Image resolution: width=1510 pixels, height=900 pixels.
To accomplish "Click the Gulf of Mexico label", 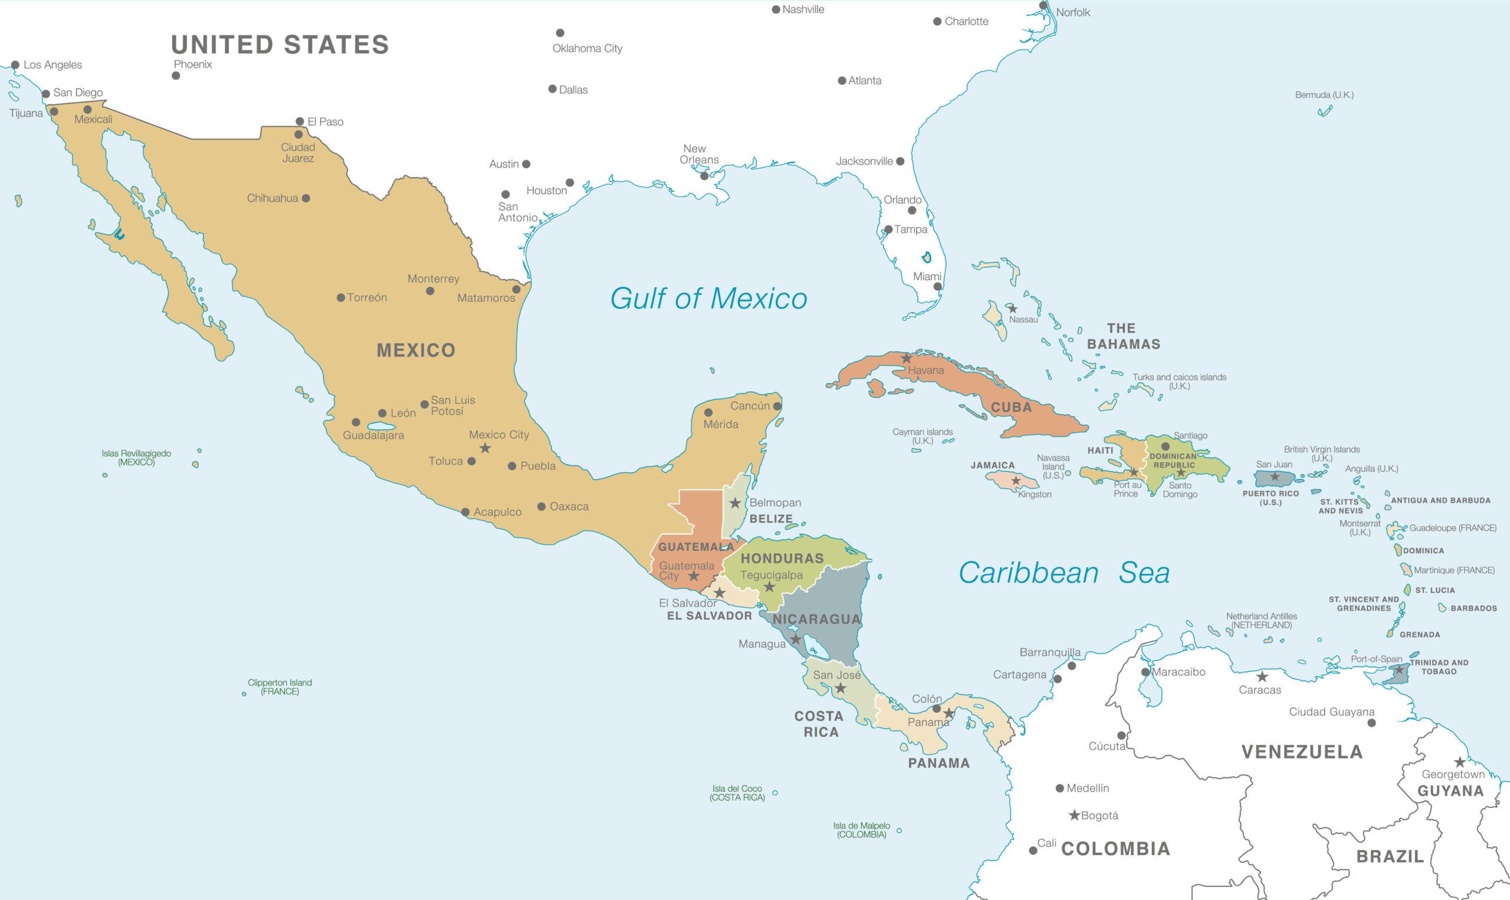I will pyautogui.click(x=708, y=298).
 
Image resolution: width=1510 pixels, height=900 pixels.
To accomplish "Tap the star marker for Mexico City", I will pyautogui.click(x=485, y=449).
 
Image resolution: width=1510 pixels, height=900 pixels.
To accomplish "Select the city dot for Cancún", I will pyautogui.click(x=777, y=406).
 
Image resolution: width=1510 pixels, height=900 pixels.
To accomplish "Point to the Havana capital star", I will pyautogui.click(x=907, y=359).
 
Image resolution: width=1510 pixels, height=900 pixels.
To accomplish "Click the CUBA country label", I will pyautogui.click(x=1011, y=408).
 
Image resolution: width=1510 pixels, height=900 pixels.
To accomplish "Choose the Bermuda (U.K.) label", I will pyautogui.click(x=1324, y=95).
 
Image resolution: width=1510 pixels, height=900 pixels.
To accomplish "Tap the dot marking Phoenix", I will pyautogui.click(x=176, y=76).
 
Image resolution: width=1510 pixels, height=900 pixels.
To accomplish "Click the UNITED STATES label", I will pyautogui.click(x=280, y=45).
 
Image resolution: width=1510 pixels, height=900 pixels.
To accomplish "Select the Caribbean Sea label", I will pyautogui.click(x=1063, y=573).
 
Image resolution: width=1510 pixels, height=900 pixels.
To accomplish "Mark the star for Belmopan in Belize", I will pyautogui.click(x=735, y=502).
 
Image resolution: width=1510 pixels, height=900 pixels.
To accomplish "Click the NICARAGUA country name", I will pyautogui.click(x=816, y=619).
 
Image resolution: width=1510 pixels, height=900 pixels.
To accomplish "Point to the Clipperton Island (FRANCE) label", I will pyautogui.click(x=280, y=687).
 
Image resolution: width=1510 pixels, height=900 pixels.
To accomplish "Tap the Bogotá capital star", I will pyautogui.click(x=1074, y=816).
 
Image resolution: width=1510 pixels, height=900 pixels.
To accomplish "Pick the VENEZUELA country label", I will pyautogui.click(x=1302, y=752).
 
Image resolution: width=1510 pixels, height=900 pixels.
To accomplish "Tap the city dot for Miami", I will pyautogui.click(x=937, y=286).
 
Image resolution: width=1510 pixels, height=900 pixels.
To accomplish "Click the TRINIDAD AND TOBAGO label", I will pyautogui.click(x=1439, y=666).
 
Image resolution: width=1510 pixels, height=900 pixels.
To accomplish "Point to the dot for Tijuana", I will pyautogui.click(x=54, y=111).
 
